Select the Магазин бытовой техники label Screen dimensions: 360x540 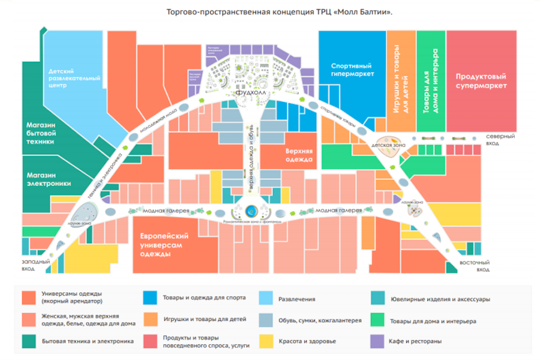pos(41,133)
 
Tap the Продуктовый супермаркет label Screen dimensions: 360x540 pos(481,81)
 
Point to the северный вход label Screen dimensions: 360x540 pos(500,139)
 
